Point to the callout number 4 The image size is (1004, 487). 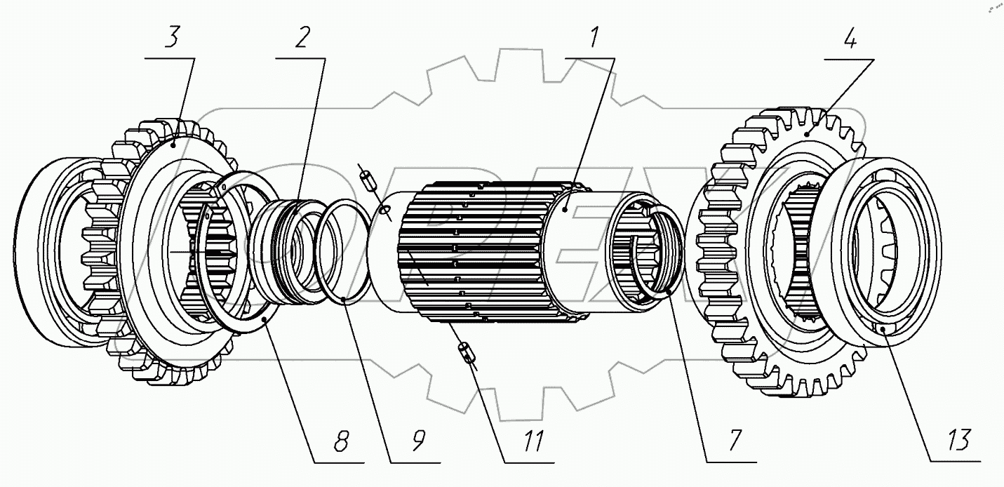tap(849, 40)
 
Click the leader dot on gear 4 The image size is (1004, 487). tap(807, 133)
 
